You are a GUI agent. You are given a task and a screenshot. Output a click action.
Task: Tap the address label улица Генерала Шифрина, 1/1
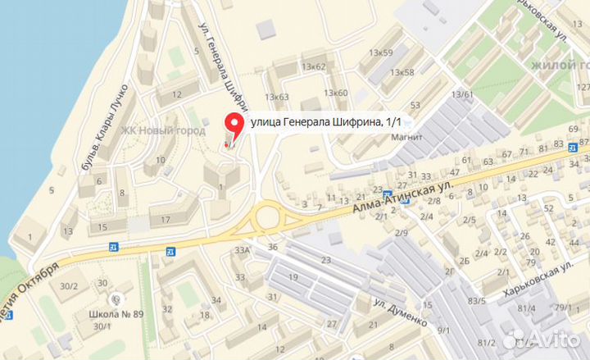[326, 122]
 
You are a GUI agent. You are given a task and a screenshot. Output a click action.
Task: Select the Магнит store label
[406, 137]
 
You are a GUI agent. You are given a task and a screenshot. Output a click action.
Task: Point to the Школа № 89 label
[116, 313]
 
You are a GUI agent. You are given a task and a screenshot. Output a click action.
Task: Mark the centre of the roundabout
[265, 218]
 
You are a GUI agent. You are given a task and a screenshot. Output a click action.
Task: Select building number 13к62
[313, 66]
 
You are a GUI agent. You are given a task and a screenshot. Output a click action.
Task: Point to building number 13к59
[380, 53]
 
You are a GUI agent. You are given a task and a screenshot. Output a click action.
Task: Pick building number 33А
[242, 250]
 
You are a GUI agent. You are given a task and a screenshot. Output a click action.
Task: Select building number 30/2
[69, 285]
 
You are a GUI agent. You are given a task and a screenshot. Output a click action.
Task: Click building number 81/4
[526, 308]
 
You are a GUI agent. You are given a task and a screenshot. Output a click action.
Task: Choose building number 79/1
[563, 308]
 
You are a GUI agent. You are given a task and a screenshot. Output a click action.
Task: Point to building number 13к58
[402, 72]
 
